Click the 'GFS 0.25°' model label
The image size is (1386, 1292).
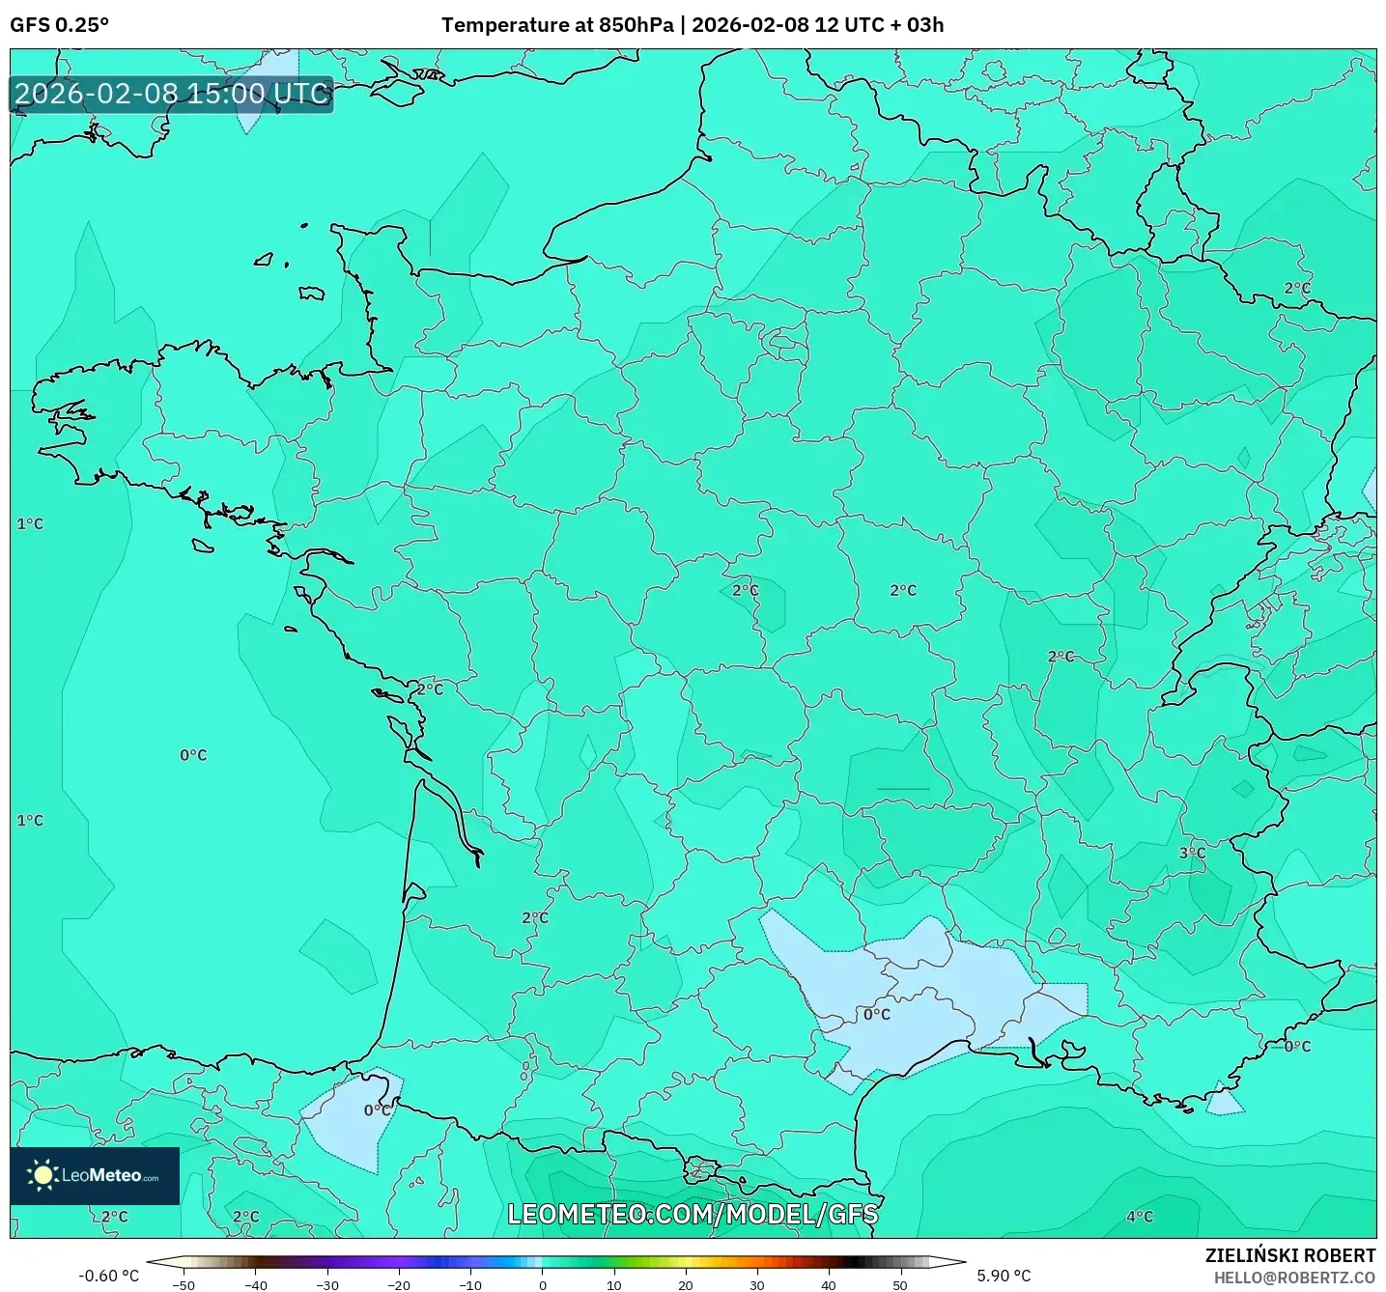click(59, 25)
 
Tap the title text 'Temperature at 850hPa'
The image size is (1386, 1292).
click(557, 25)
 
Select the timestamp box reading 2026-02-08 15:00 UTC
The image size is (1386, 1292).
click(172, 95)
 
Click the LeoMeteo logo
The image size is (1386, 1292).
click(95, 1175)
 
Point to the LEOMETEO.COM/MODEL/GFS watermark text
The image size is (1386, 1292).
click(693, 1214)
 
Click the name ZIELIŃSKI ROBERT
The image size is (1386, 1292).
click(1289, 1255)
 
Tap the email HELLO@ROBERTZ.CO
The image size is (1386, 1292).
click(1293, 1278)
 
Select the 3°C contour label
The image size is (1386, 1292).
click(1192, 853)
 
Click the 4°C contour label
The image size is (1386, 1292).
click(1140, 1217)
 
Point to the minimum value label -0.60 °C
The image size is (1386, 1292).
click(108, 1276)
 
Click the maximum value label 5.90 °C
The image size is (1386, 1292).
click(1004, 1276)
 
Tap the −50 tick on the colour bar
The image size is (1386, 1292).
click(183, 1285)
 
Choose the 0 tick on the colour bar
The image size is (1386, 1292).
click(542, 1285)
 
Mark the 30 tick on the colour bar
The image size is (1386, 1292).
click(756, 1285)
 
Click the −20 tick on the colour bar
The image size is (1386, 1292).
click(398, 1285)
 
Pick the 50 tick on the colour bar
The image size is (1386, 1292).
click(899, 1285)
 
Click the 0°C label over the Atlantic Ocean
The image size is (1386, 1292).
click(193, 755)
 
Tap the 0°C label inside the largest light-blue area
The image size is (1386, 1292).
click(877, 1015)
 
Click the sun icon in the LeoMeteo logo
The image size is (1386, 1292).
click(42, 1175)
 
